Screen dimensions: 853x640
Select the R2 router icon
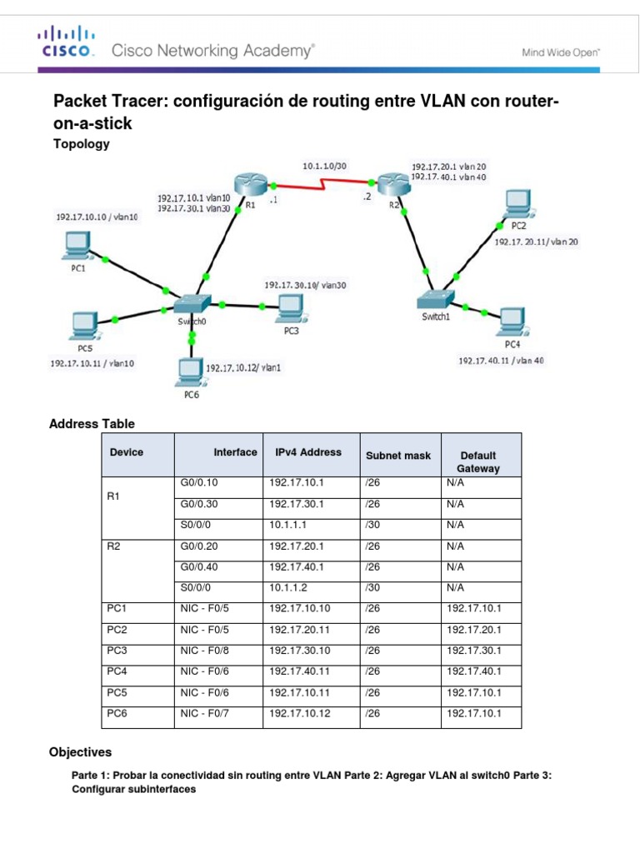pos(387,184)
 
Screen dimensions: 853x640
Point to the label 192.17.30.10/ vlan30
pos(305,285)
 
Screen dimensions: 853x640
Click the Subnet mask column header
pos(398,456)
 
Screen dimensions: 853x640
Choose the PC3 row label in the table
pos(116,651)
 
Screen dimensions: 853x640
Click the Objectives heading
pos(81,752)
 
